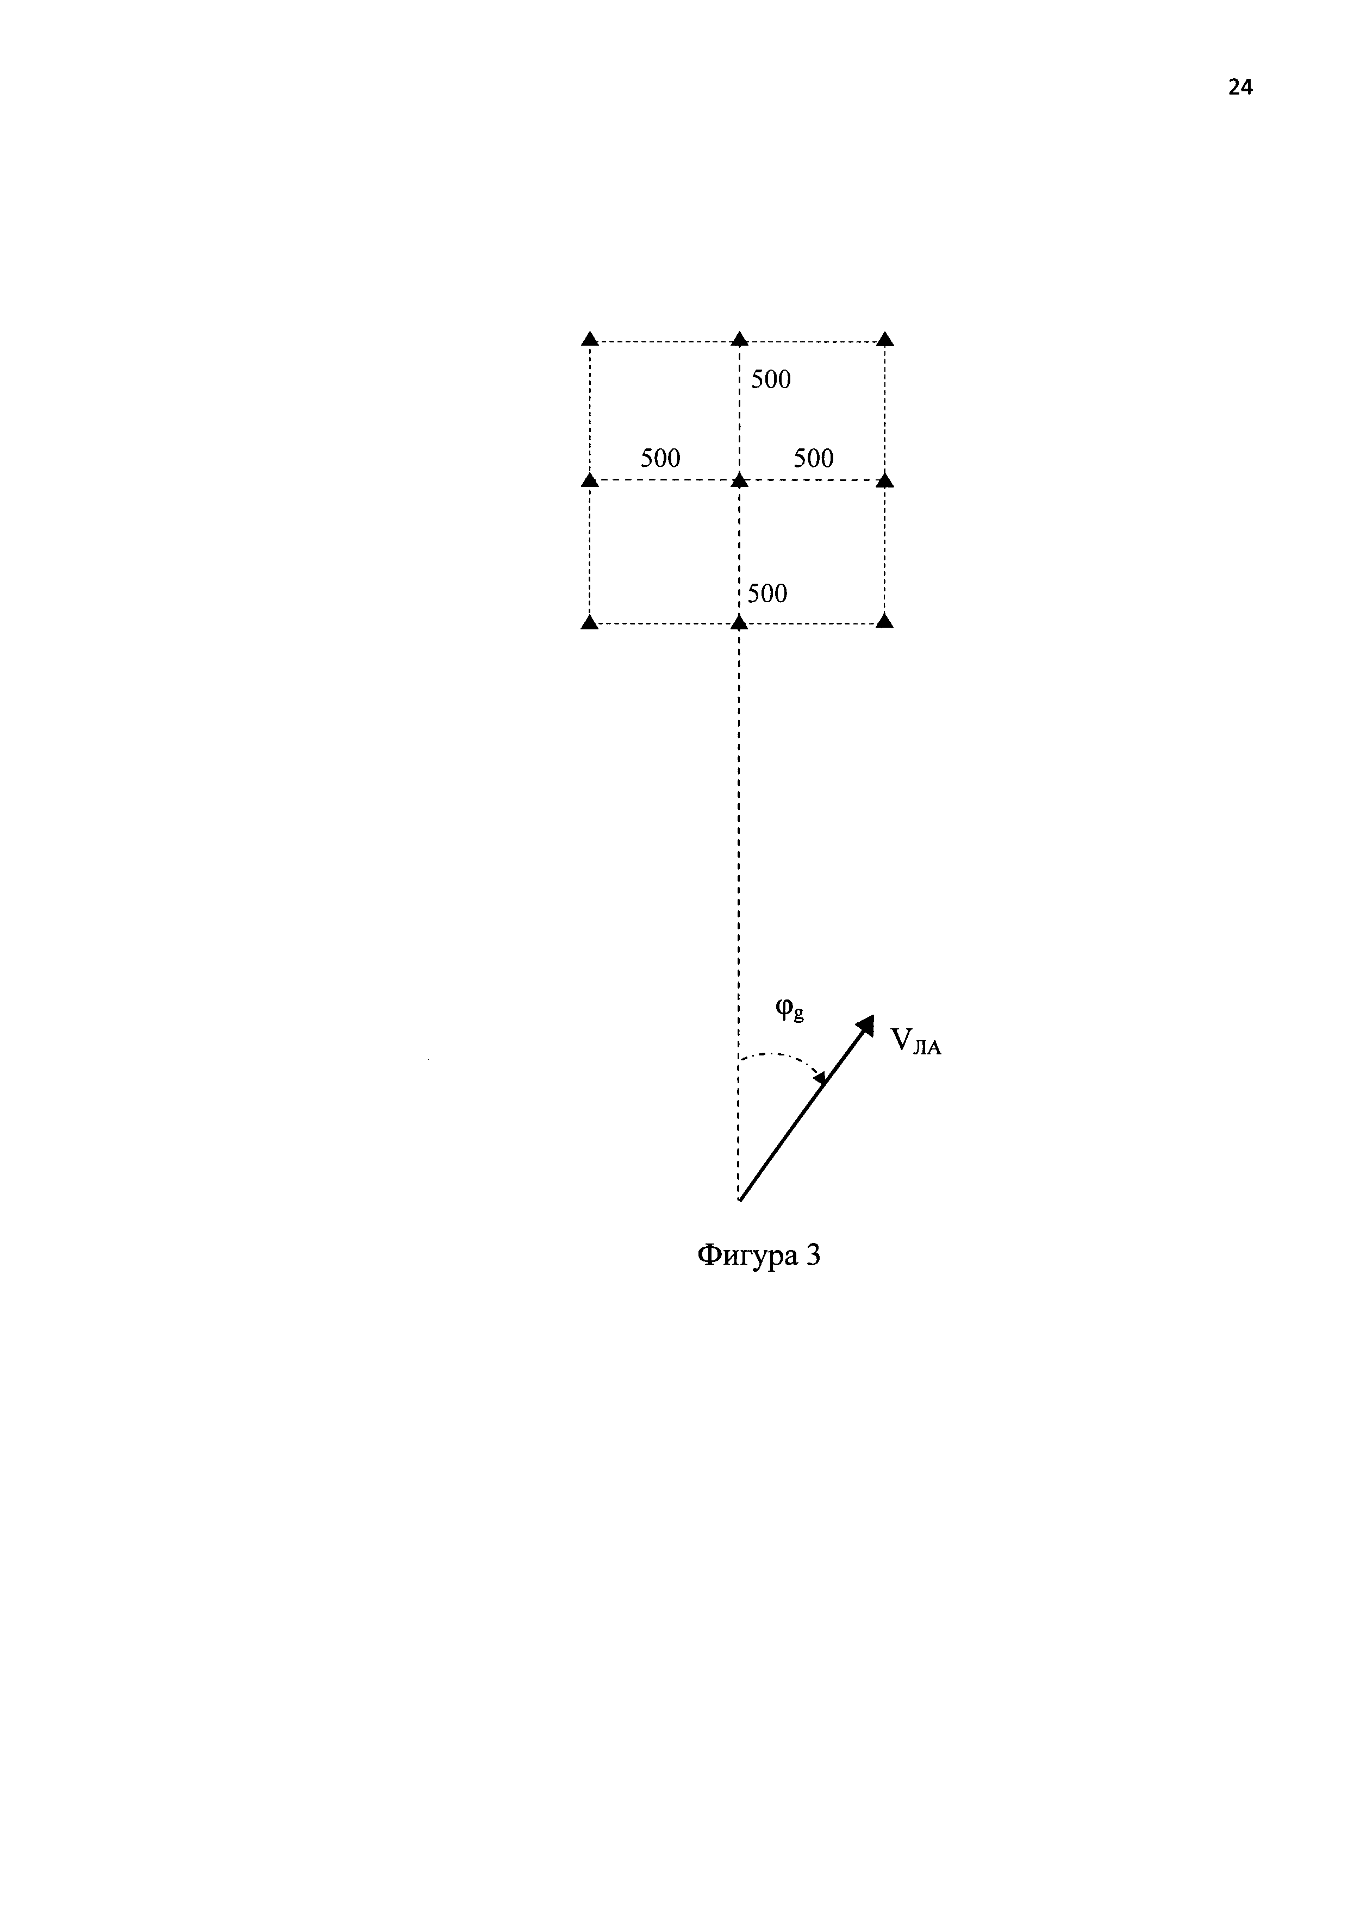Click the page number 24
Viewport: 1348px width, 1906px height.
point(1240,87)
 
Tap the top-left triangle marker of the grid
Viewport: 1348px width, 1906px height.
point(589,339)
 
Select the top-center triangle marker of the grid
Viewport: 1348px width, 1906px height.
point(739,339)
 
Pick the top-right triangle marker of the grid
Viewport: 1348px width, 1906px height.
point(885,339)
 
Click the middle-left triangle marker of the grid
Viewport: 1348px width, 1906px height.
point(589,480)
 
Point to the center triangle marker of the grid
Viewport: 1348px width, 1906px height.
point(739,480)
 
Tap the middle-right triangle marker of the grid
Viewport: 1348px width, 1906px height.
point(885,480)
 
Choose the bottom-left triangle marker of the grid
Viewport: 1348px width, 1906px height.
point(589,622)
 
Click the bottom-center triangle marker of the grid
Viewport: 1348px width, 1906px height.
point(739,622)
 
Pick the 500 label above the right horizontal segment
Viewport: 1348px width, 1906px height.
point(814,458)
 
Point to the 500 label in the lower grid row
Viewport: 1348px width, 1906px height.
point(767,593)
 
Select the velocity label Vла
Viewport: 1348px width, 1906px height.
point(915,1041)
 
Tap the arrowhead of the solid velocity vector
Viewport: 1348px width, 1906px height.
point(866,1024)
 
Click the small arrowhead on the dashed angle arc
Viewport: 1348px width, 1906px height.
point(820,1078)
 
